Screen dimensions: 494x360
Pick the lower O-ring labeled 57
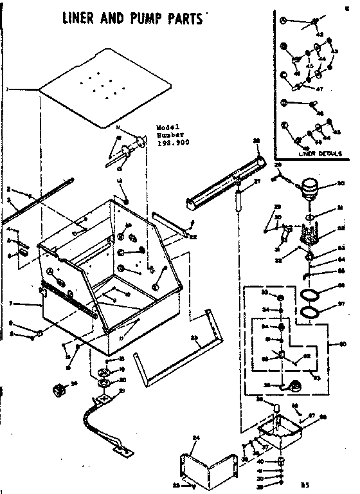click(x=310, y=312)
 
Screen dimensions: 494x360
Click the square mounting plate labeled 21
click(x=102, y=399)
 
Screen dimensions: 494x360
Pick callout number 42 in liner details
click(x=318, y=34)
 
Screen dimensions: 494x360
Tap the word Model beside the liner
click(x=166, y=127)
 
